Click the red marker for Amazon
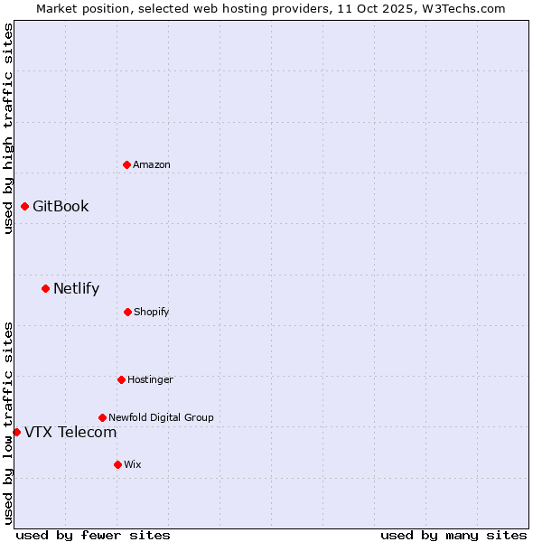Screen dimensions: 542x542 point(126,164)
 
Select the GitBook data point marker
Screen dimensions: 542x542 point(24,206)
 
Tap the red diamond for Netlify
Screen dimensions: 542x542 point(45,288)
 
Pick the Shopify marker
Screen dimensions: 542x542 point(127,312)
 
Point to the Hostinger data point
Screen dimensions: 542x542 point(121,379)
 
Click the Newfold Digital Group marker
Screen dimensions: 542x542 point(102,417)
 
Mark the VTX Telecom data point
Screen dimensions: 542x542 point(16,432)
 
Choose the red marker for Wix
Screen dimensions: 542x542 point(117,464)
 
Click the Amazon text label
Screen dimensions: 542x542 point(152,164)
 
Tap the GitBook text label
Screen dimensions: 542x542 point(61,206)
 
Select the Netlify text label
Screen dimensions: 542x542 point(76,288)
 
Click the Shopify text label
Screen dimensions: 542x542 point(152,312)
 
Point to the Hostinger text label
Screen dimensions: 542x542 point(150,379)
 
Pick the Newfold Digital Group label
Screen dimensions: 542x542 point(161,417)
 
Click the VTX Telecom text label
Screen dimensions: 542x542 point(70,432)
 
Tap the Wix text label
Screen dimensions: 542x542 point(133,464)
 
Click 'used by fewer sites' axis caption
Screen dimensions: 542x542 point(93,535)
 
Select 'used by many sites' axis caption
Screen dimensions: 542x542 point(453,535)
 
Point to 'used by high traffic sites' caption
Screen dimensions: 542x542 point(8,128)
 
